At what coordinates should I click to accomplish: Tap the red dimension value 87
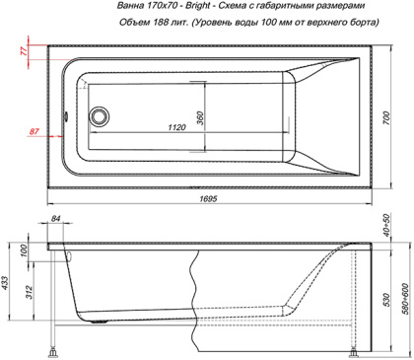[x=34, y=131]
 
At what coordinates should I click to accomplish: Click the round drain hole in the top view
[x=99, y=116]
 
